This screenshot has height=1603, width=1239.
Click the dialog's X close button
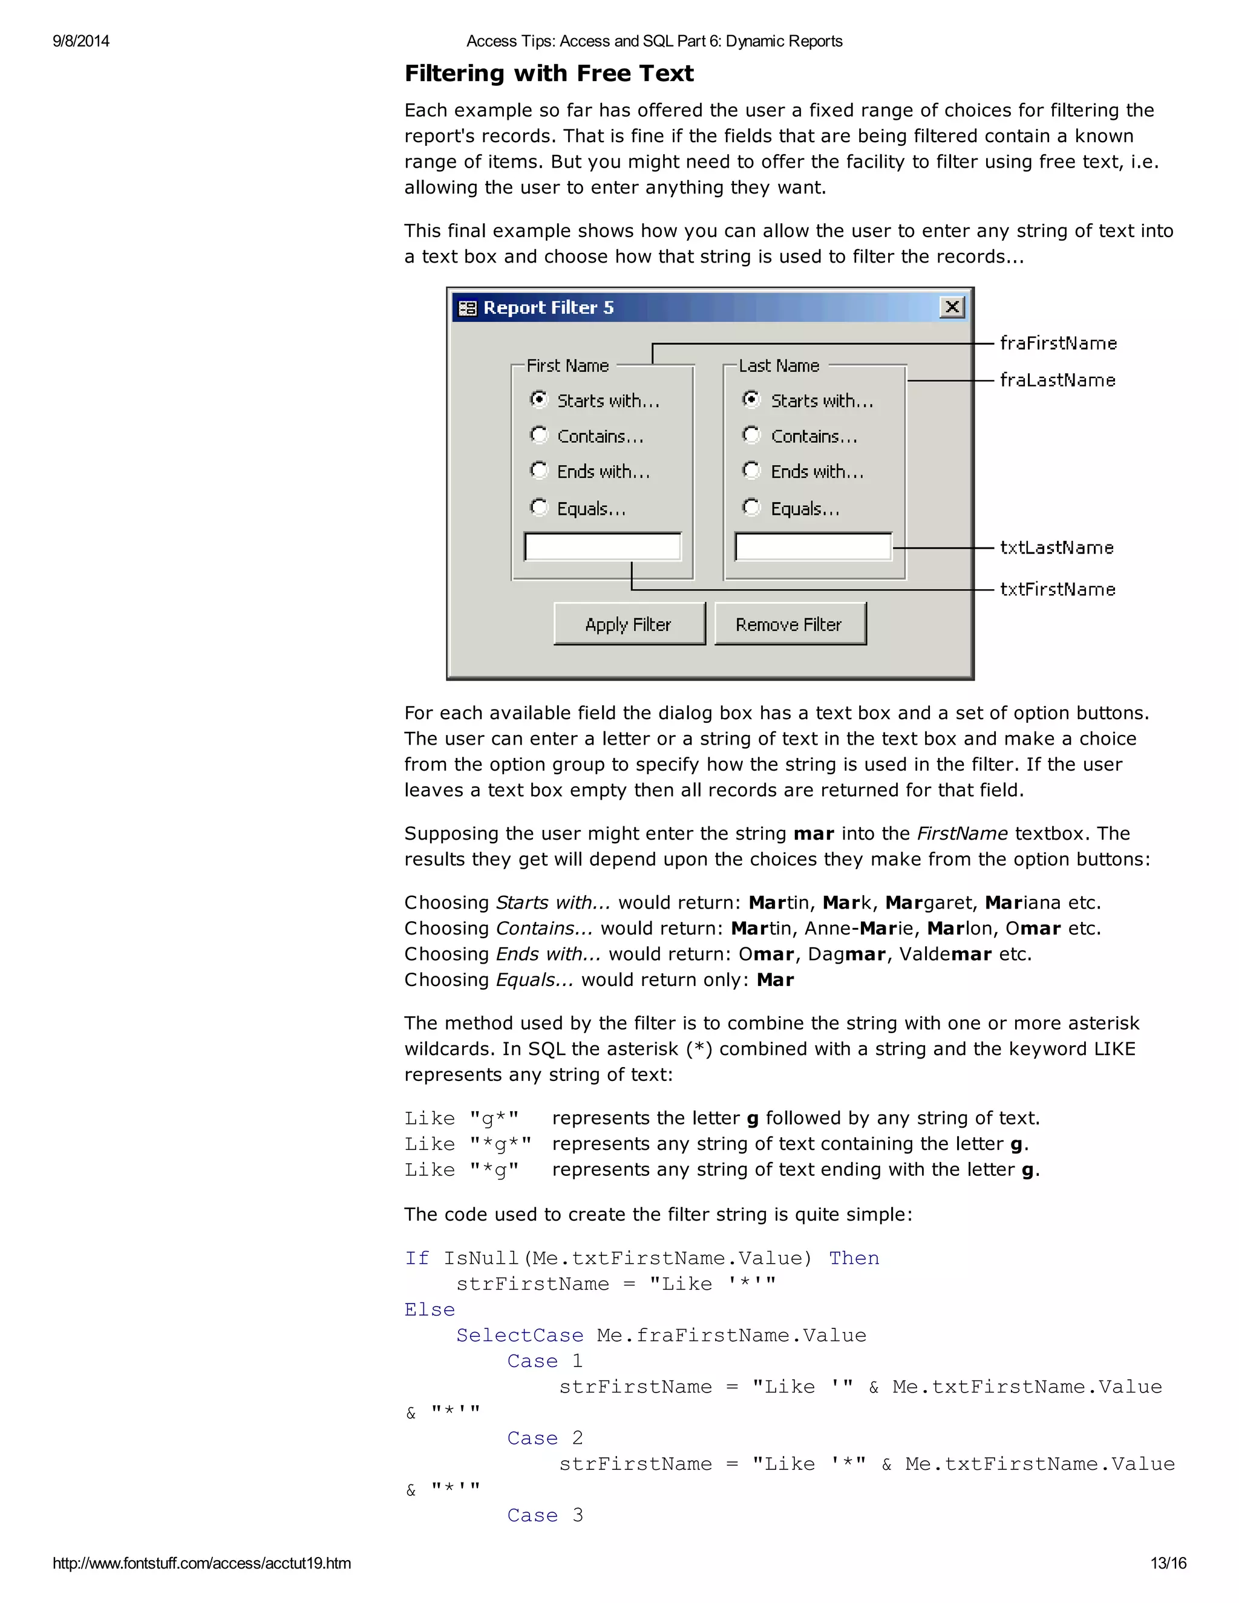951,307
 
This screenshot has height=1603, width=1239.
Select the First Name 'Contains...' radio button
540,436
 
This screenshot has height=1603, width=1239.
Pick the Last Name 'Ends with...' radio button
751,471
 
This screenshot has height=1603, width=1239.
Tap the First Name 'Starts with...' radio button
540,399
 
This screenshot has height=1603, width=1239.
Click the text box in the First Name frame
603,547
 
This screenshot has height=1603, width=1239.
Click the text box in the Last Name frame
813,547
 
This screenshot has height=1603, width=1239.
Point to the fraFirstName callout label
1058,344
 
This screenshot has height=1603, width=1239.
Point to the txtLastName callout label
1056,547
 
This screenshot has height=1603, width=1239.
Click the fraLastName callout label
1057,380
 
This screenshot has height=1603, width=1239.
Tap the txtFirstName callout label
1057,589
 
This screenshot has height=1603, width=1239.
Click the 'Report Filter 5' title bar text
548,307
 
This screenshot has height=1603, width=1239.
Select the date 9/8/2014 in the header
80,41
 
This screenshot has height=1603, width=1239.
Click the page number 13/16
1168,1563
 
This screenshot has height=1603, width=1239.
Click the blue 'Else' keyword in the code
430,1310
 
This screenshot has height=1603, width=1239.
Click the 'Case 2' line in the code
544,1438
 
